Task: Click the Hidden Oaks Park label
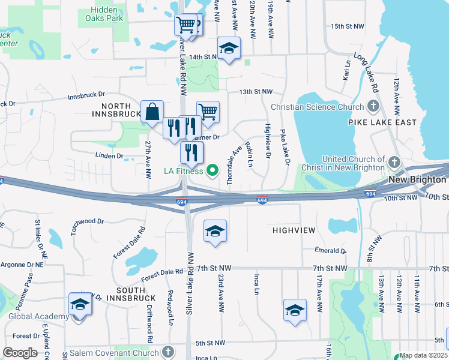coord(107,14)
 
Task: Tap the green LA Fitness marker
coord(212,172)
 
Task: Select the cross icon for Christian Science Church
coord(373,107)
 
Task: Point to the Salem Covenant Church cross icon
coord(169,352)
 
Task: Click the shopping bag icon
coord(152,111)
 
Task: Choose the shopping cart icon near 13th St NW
coord(208,111)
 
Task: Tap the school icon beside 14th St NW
coord(228,49)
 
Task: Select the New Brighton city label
coord(418,180)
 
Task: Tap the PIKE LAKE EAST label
coord(382,122)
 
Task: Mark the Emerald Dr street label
coord(330,251)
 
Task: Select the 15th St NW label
coord(347,26)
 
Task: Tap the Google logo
coord(19,352)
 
